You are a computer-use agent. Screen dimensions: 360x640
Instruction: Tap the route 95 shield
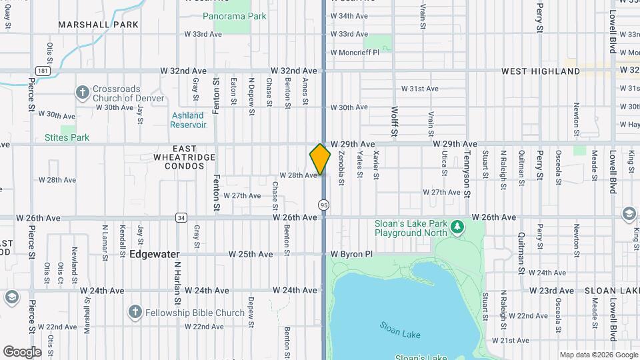click(x=323, y=205)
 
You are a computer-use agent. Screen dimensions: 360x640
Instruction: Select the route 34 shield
click(x=181, y=217)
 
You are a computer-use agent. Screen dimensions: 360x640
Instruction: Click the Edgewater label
click(x=154, y=254)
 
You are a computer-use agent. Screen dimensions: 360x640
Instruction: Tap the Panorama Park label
click(x=234, y=15)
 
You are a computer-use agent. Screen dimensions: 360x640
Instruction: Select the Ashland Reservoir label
click(x=187, y=120)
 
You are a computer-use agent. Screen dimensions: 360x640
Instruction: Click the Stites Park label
click(x=67, y=138)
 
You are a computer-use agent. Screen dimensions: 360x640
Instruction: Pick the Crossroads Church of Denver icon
click(x=82, y=92)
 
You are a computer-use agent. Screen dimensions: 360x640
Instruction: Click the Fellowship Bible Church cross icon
click(x=135, y=312)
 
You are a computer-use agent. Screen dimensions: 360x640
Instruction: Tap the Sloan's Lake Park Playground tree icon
click(x=457, y=227)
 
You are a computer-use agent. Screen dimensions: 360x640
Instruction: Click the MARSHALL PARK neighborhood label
click(x=98, y=25)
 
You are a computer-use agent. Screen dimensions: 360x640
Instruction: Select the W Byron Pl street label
click(x=351, y=255)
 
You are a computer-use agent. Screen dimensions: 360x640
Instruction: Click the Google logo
click(x=22, y=351)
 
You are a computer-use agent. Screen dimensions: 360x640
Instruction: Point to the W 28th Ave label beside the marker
click(x=298, y=175)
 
